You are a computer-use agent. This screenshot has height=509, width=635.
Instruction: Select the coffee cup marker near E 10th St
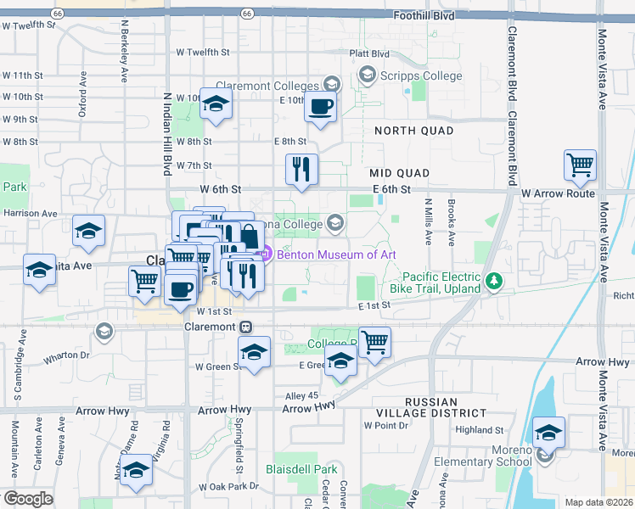(x=320, y=108)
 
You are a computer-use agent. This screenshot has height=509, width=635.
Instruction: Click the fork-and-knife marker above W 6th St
(x=301, y=169)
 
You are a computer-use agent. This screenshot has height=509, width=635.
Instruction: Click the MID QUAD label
(x=399, y=173)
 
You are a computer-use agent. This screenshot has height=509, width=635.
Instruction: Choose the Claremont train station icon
(x=244, y=327)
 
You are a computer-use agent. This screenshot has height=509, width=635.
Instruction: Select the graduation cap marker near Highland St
(x=548, y=433)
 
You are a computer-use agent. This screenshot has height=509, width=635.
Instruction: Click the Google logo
(x=29, y=498)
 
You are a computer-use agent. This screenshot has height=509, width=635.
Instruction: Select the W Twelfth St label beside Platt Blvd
(x=203, y=53)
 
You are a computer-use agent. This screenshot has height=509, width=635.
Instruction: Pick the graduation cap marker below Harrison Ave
(x=88, y=232)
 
